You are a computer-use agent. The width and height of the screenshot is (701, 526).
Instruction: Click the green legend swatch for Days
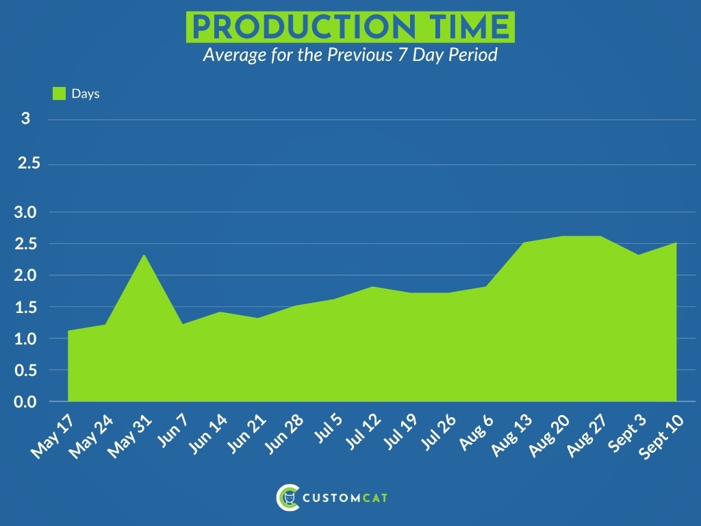59,93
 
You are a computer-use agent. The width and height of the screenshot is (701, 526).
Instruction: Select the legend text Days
86,94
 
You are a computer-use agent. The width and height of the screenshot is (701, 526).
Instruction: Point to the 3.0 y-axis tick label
25,212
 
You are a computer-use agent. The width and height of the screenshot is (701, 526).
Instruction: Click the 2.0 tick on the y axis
25,275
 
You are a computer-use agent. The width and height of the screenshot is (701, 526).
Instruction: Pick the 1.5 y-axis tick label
25,308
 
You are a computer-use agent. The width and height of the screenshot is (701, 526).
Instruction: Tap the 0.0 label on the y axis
25,401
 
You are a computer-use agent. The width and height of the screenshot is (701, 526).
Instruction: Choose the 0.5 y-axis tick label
25,371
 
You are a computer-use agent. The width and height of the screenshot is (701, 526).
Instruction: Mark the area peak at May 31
144,255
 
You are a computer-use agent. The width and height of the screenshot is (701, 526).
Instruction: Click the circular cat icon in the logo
288,497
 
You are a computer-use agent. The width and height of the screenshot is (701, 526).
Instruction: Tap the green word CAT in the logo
374,498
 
